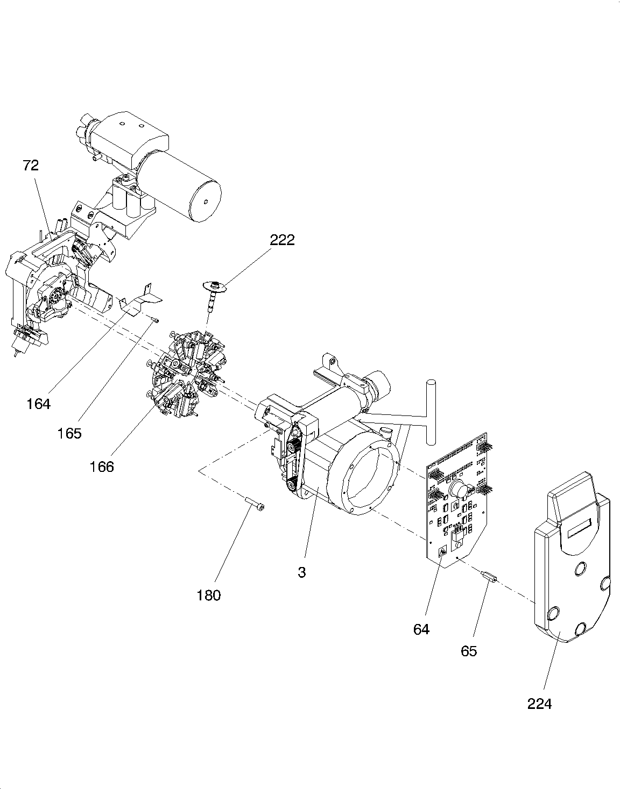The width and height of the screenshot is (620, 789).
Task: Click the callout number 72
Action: tap(31, 166)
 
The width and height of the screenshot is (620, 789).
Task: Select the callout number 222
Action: tap(282, 240)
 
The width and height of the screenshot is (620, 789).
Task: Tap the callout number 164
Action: tap(39, 404)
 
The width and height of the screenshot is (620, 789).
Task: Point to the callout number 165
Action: tap(69, 433)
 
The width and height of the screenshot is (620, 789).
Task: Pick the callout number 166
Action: tap(102, 467)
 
